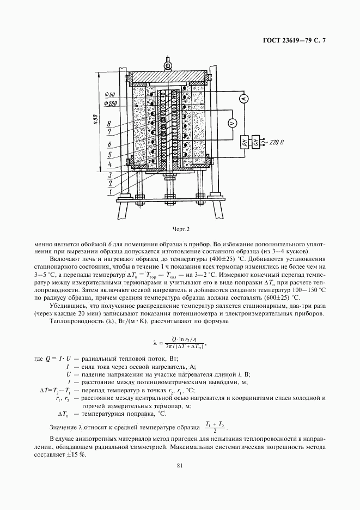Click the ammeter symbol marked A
(x=245, y=98)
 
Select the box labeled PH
(x=246, y=142)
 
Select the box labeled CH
(x=255, y=142)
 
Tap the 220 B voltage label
(x=277, y=142)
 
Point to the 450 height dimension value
(x=95, y=120)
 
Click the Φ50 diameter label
(x=109, y=94)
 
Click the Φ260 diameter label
(x=111, y=104)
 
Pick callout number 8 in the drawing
(x=109, y=124)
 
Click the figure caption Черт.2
(x=181, y=229)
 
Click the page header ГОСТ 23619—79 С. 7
(x=294, y=41)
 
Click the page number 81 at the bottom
(x=180, y=465)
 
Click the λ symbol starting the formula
(x=155, y=343)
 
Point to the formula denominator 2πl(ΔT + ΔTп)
(x=184, y=347)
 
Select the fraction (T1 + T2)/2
(x=215, y=427)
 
